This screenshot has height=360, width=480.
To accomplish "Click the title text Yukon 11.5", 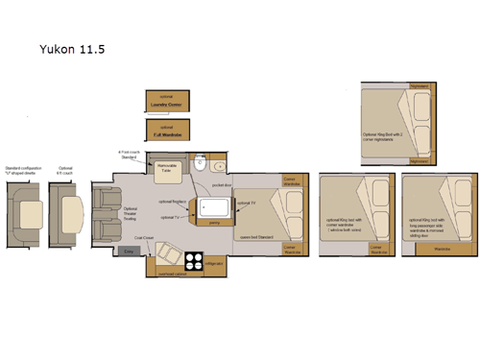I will (72, 47).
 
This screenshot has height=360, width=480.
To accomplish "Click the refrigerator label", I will (215, 262).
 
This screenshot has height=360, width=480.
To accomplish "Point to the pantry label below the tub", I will (214, 222).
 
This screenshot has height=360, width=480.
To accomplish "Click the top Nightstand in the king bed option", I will (420, 86).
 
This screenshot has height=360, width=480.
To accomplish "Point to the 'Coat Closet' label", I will (145, 238).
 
